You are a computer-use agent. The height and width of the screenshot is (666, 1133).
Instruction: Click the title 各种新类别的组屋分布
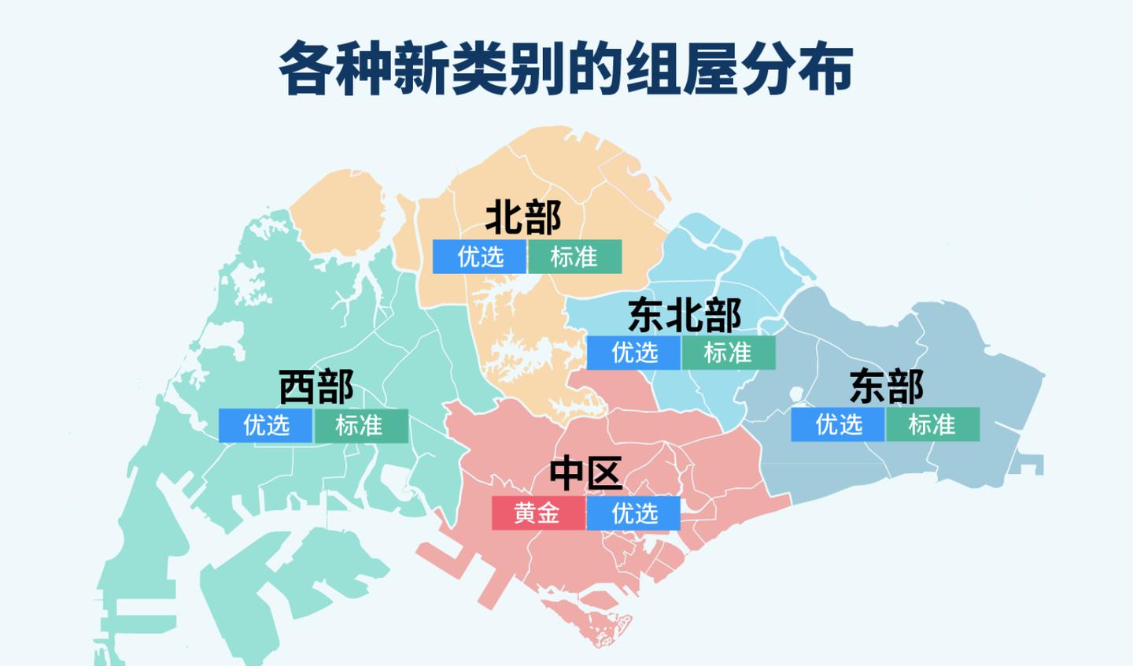[x=566, y=69]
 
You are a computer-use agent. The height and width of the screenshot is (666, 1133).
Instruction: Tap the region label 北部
[x=523, y=217]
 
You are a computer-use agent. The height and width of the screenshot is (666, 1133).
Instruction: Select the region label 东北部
[x=685, y=315]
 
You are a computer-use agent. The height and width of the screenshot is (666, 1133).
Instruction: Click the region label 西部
[x=316, y=387]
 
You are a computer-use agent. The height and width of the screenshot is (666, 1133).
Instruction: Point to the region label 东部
[x=887, y=387]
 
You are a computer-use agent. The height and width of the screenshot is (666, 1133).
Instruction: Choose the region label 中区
[x=586, y=473]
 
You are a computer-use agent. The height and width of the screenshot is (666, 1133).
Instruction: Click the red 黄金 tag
[x=538, y=513]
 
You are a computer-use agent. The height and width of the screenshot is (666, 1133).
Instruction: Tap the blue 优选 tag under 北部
[x=479, y=257]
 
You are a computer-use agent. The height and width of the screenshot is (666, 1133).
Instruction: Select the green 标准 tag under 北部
[x=574, y=257]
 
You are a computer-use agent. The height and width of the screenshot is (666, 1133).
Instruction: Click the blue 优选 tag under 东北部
[x=633, y=353]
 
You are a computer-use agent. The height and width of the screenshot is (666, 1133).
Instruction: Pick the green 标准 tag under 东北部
[x=728, y=353]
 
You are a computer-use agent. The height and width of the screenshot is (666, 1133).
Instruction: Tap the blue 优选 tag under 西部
[x=266, y=426]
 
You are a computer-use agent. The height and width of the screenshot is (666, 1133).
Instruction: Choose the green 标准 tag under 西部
[x=360, y=426]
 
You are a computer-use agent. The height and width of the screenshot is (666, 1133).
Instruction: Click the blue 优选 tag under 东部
[x=838, y=424]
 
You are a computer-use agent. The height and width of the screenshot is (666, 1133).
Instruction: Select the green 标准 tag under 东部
[x=932, y=424]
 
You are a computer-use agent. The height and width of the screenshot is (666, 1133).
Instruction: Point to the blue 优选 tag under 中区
[x=633, y=513]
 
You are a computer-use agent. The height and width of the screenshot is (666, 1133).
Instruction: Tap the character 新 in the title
[x=423, y=69]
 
